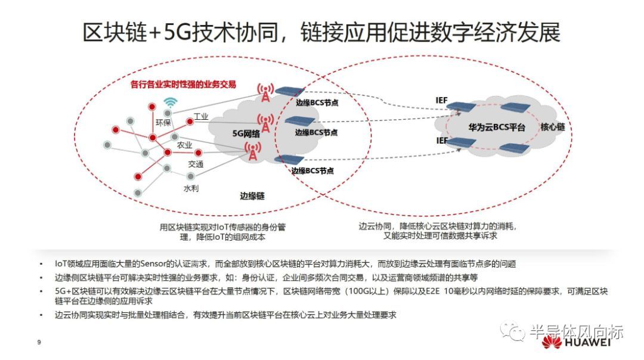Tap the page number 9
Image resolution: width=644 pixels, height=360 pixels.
39,342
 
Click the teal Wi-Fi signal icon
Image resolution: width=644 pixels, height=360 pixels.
171,103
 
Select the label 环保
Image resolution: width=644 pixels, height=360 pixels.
163,123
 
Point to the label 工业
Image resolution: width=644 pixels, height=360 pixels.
201,117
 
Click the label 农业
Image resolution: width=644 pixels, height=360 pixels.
184,145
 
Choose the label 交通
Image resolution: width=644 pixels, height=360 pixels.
196,164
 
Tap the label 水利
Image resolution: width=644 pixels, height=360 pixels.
191,188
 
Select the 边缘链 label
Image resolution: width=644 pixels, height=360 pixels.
252,195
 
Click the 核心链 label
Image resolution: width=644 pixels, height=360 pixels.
553,128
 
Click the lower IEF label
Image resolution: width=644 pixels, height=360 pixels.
441,141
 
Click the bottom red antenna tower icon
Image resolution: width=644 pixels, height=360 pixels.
254,151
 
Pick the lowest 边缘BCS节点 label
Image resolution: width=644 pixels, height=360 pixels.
312,170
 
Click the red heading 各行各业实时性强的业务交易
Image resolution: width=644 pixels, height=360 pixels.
191,84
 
